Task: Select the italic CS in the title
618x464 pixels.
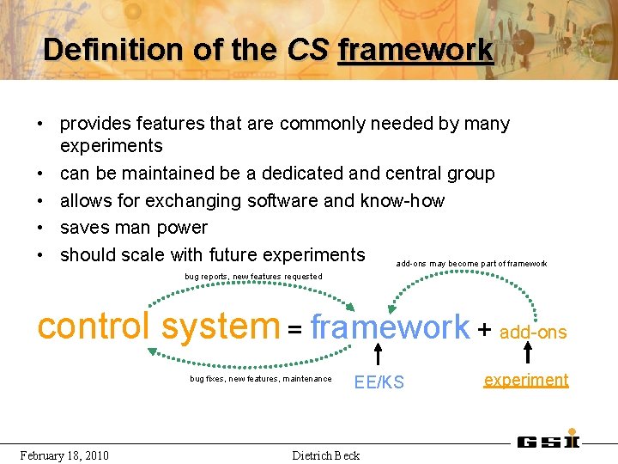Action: point(308,49)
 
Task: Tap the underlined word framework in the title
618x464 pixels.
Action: point(415,50)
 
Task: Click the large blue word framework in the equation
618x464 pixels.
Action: point(390,327)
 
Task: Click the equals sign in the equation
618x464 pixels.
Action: point(294,329)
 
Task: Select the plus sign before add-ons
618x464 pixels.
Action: point(484,329)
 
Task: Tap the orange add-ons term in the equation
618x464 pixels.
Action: point(533,332)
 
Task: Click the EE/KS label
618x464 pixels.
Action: point(379,383)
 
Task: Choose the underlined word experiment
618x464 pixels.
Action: point(525,380)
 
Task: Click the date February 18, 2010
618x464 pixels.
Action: point(64,455)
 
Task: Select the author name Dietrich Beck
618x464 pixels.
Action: point(325,455)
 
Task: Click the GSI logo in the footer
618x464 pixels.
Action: point(548,442)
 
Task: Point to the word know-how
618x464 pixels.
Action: point(403,200)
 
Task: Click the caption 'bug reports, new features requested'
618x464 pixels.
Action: point(253,276)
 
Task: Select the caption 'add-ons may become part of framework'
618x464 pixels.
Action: point(470,263)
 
